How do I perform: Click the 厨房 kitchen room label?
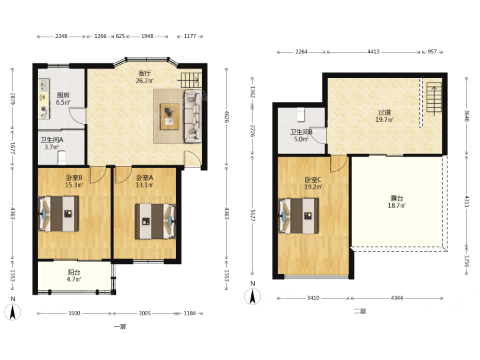[x=63, y=95]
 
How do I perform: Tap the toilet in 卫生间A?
[x=62, y=157]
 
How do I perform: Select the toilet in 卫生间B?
[x=301, y=115]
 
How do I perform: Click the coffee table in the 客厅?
[x=169, y=116]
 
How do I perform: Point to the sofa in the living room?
[x=193, y=116]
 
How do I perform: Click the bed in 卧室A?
[x=155, y=221]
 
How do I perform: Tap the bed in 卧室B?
[x=58, y=214]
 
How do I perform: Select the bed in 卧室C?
[x=298, y=216]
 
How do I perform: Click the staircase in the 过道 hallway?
[x=435, y=97]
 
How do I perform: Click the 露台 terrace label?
[x=397, y=199]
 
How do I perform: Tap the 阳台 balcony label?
[x=74, y=272]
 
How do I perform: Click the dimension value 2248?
[x=61, y=36]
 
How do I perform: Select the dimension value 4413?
[x=373, y=52]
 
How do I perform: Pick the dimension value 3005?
[x=145, y=313]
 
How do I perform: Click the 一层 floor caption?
[x=120, y=327]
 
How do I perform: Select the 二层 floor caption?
[x=360, y=311]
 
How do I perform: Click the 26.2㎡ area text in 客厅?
[x=145, y=81]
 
